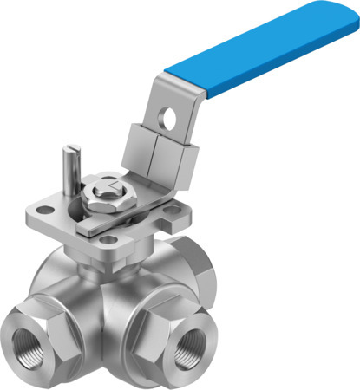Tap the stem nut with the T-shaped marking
coord(108,188)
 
